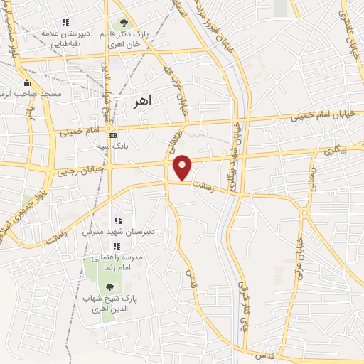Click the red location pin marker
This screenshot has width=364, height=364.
click(x=183, y=166)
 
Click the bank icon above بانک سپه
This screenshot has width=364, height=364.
click(x=112, y=134)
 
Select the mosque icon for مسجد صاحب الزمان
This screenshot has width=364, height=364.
click(x=27, y=82)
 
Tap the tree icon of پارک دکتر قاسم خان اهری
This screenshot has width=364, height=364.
click(x=126, y=23)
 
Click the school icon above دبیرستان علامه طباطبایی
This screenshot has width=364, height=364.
click(x=65, y=23)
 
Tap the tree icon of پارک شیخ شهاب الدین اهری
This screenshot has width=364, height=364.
click(x=109, y=287)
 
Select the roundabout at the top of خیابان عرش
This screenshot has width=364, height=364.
click(x=304, y=212)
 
